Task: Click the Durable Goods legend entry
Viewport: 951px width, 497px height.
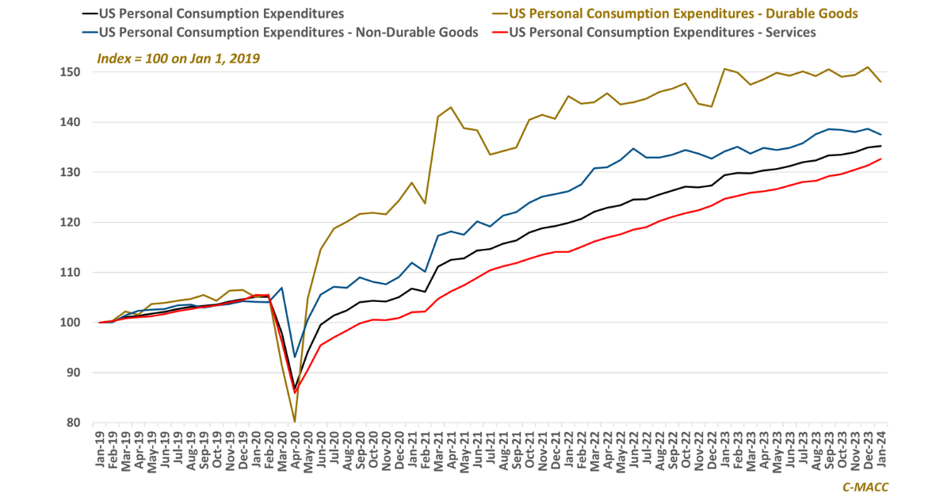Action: (682, 13)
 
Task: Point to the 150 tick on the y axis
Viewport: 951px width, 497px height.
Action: (73, 72)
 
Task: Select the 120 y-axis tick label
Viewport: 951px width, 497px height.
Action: (73, 222)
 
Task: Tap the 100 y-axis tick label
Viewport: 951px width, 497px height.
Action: (73, 323)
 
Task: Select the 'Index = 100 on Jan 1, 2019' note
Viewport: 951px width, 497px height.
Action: (178, 59)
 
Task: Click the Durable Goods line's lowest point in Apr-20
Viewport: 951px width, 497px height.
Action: (295, 422)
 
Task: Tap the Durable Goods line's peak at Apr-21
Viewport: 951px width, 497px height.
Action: (451, 107)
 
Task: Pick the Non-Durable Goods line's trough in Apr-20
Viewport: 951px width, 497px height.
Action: (295, 357)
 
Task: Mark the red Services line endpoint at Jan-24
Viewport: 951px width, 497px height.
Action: (881, 159)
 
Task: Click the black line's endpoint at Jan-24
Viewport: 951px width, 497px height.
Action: (881, 146)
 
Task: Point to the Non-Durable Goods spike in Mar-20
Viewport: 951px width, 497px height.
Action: (282, 288)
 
